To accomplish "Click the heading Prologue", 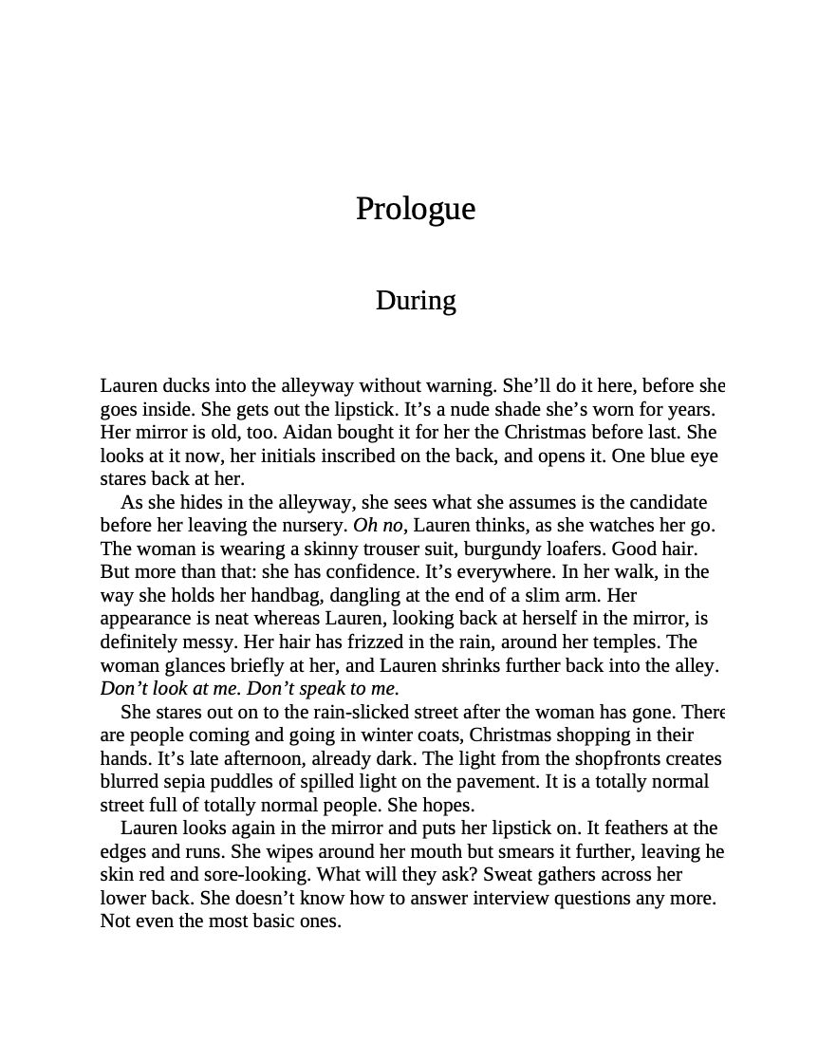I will click(415, 209).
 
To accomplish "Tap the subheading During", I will click(415, 301).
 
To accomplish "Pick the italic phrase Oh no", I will click(378, 525).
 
